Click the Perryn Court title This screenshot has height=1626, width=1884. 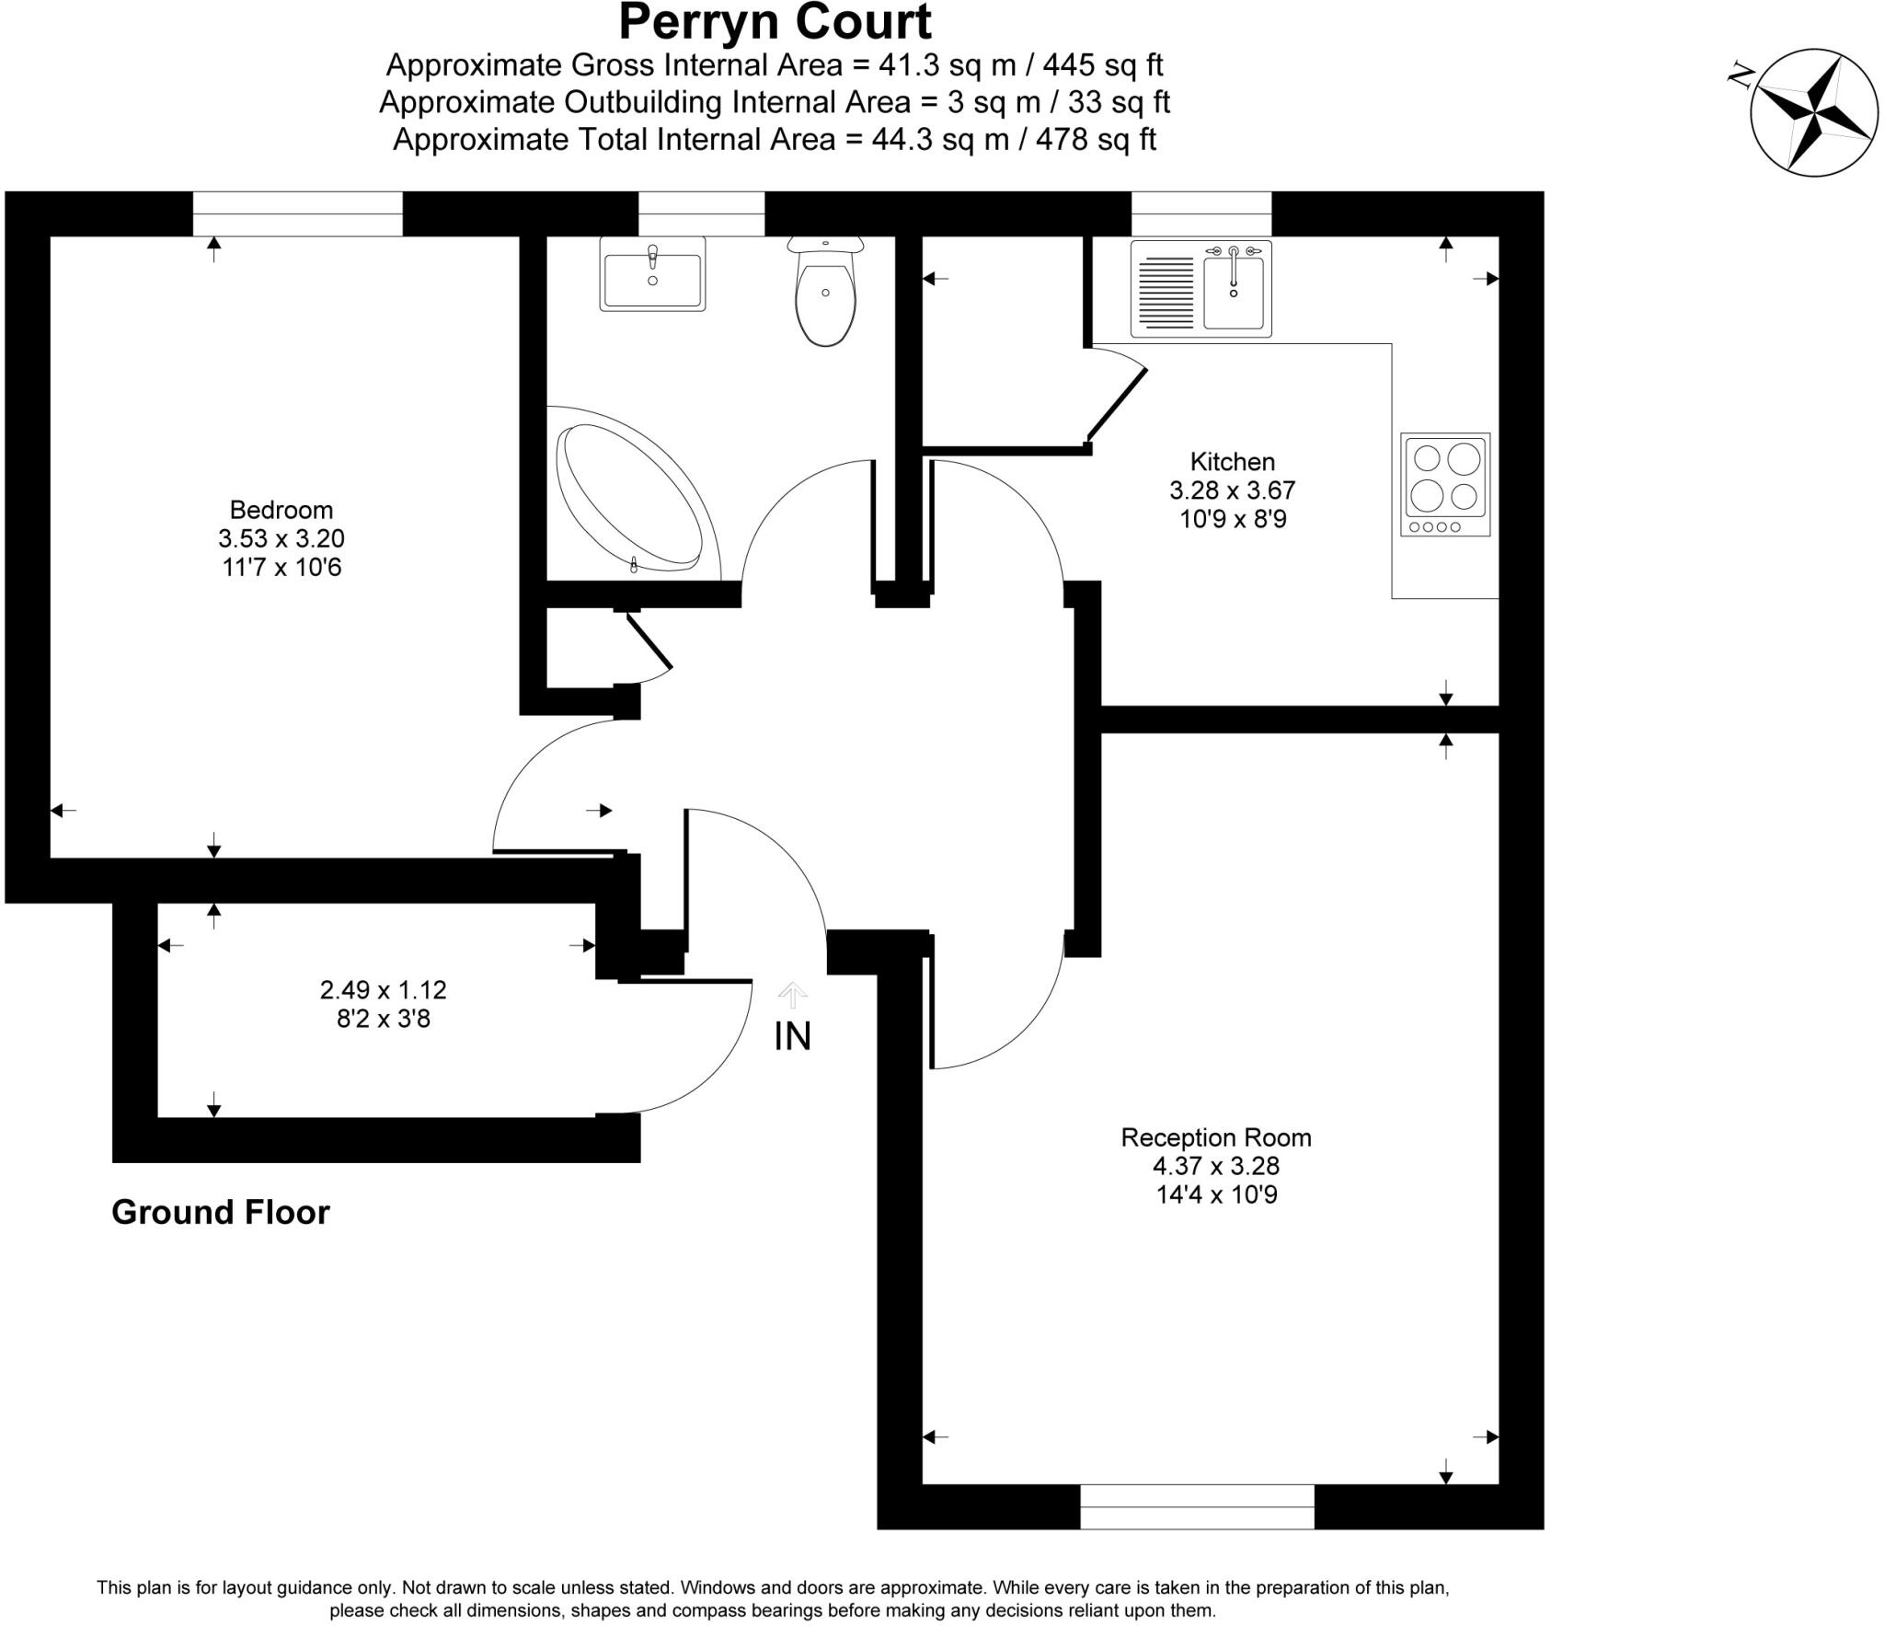click(775, 22)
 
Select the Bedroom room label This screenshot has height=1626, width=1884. click(281, 510)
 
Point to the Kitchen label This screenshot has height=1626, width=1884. click(1232, 462)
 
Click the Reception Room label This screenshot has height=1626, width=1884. click(1215, 1137)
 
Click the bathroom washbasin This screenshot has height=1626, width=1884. click(652, 274)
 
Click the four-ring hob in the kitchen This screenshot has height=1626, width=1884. click(1445, 485)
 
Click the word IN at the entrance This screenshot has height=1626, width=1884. click(792, 1037)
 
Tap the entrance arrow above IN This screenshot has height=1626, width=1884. click(792, 994)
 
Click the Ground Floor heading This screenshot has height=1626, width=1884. click(220, 1213)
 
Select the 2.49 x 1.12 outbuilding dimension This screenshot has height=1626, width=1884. click(383, 990)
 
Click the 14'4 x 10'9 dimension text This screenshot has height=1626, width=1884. click(1216, 1195)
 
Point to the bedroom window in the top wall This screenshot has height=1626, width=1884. click(297, 213)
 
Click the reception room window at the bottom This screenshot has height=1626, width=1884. click(1197, 1507)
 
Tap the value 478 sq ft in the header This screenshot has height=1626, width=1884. click(1096, 140)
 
